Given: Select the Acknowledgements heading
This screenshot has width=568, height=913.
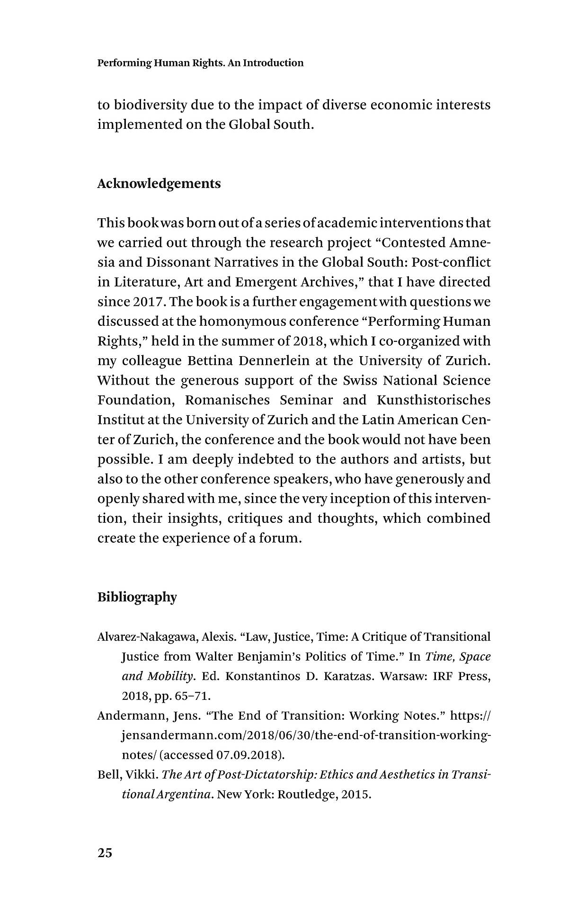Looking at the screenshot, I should point(159,184).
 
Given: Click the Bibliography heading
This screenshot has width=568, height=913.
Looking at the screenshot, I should point(137,597).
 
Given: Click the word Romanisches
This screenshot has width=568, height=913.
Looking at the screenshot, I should point(227,400).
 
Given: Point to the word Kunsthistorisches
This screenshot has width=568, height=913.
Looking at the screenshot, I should point(434,400).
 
